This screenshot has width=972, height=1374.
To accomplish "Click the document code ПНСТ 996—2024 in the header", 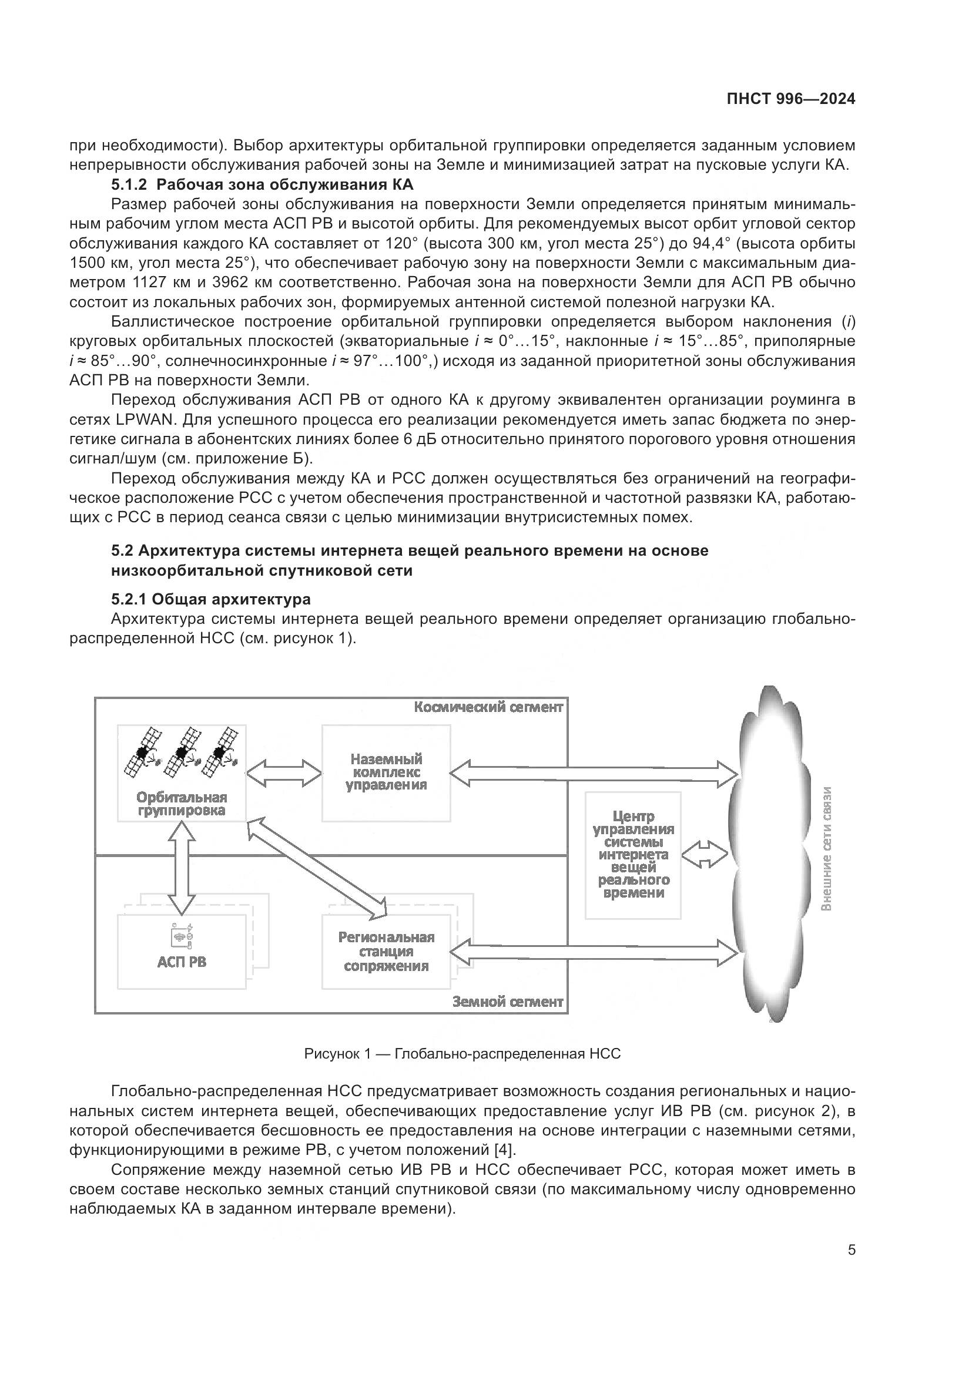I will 790,99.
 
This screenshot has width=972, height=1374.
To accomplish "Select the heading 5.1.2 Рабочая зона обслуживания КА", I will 262,184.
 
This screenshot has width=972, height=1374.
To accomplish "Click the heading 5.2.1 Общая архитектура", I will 211,599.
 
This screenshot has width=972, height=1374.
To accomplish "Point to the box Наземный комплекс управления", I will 386,772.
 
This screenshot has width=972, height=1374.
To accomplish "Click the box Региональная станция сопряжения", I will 386,952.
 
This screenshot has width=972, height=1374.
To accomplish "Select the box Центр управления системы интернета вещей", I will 634,855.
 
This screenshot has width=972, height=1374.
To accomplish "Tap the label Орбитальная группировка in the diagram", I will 182,804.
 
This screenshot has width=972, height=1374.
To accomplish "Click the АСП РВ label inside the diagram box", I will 182,962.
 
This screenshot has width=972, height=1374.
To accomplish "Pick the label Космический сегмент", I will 488,707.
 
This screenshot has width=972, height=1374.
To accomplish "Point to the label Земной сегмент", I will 508,1002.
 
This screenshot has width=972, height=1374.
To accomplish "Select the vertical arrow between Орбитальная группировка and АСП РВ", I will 182,866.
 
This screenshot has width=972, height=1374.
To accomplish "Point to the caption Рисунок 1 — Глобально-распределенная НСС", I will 462,1054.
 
